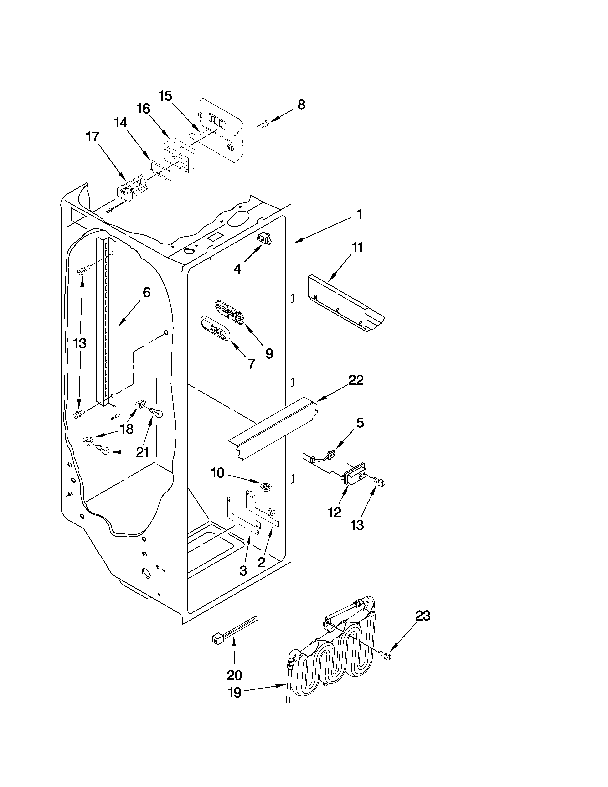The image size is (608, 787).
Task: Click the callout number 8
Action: point(301,105)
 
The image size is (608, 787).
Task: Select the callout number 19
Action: point(235,693)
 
